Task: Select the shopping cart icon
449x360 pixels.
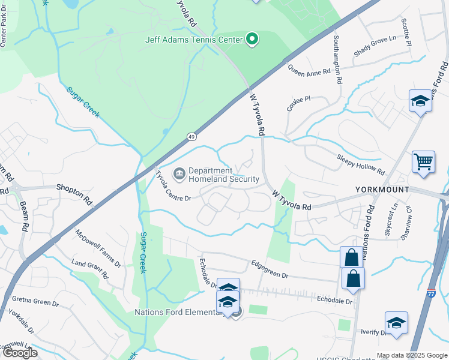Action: point(423,161)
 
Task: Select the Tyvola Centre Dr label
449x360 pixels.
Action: point(173,187)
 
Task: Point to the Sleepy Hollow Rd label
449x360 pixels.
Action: point(360,164)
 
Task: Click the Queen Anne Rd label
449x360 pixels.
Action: point(309,70)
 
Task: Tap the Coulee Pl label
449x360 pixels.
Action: point(298,99)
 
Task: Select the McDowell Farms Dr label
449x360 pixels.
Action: point(98,248)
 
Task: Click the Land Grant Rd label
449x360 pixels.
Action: point(89,269)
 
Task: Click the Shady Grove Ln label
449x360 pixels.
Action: point(375,47)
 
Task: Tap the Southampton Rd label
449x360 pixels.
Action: point(337,58)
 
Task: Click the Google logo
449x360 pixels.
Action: point(20,353)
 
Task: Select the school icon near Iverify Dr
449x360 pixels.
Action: point(396,323)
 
